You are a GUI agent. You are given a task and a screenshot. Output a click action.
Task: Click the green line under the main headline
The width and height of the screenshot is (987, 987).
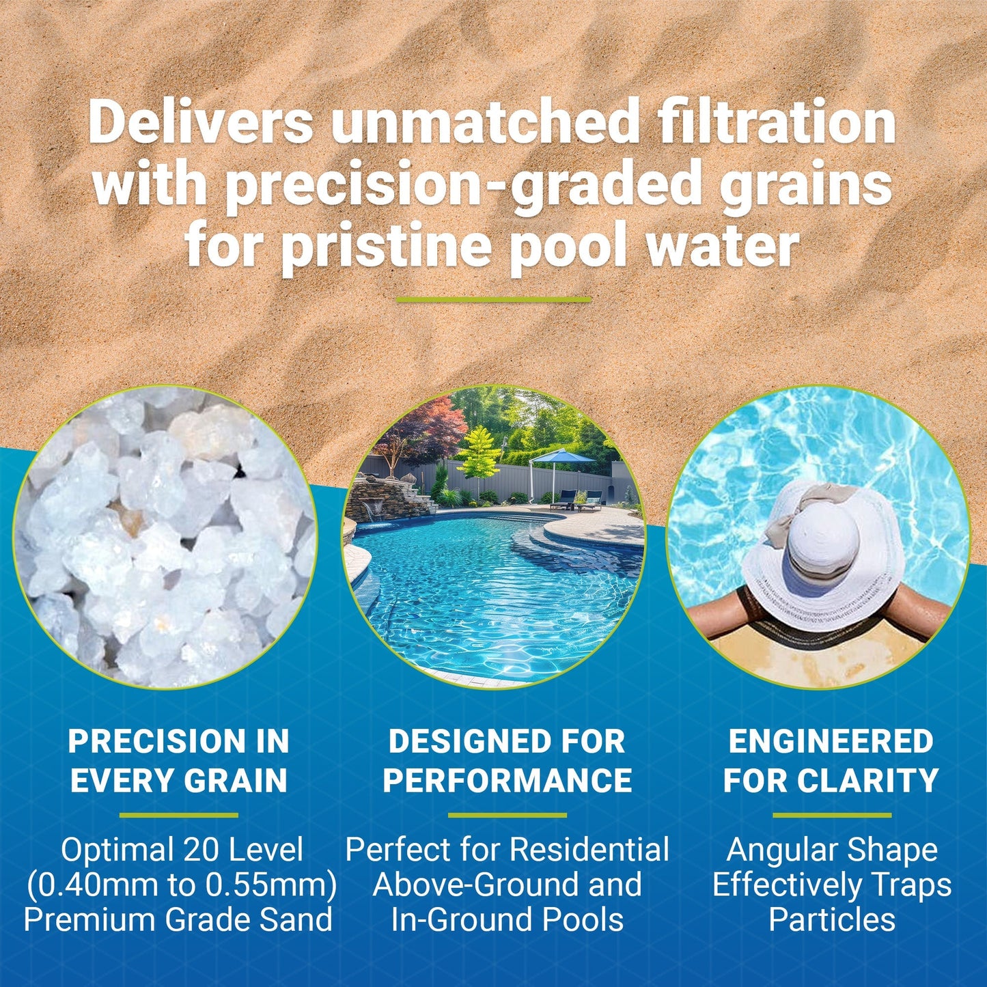(x=493, y=299)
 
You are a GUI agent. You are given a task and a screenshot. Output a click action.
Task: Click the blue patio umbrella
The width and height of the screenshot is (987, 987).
(x=563, y=456)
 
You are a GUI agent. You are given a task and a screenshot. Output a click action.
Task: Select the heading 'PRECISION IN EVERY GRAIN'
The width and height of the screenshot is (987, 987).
(x=179, y=761)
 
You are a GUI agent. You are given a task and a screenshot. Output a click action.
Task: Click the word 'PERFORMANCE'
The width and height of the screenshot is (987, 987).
(x=507, y=781)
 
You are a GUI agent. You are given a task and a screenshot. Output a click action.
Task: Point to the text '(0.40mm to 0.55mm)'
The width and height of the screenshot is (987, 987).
(x=181, y=885)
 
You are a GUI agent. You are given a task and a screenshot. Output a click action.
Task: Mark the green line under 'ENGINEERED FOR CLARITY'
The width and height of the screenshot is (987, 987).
(x=831, y=815)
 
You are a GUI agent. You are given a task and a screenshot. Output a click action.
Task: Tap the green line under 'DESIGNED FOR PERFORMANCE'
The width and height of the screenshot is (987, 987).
(x=507, y=815)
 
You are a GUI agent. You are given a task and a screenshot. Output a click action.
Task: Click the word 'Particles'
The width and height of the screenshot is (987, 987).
(x=831, y=919)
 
